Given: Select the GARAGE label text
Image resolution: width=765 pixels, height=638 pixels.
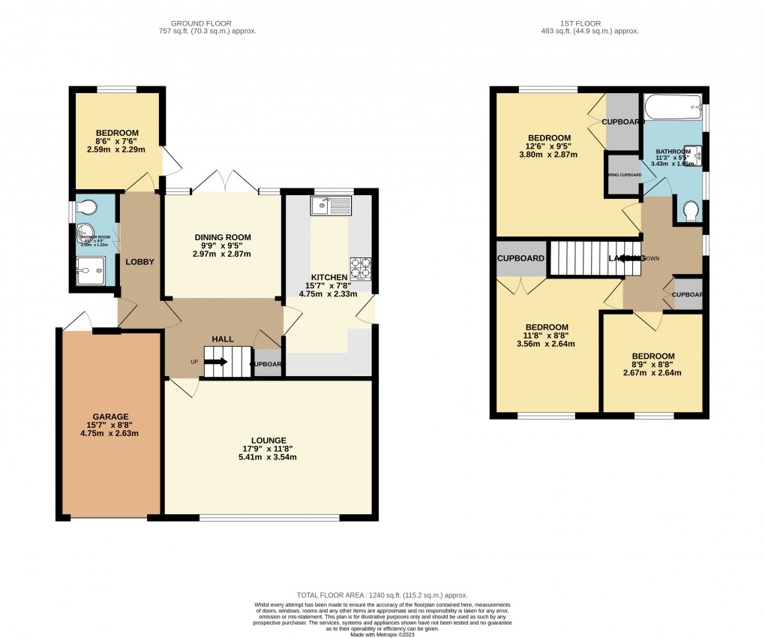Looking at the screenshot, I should (111, 417).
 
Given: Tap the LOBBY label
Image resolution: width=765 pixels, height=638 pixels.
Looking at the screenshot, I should (139, 262).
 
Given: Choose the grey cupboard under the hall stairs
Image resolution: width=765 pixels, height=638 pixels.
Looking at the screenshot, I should (267, 363).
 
